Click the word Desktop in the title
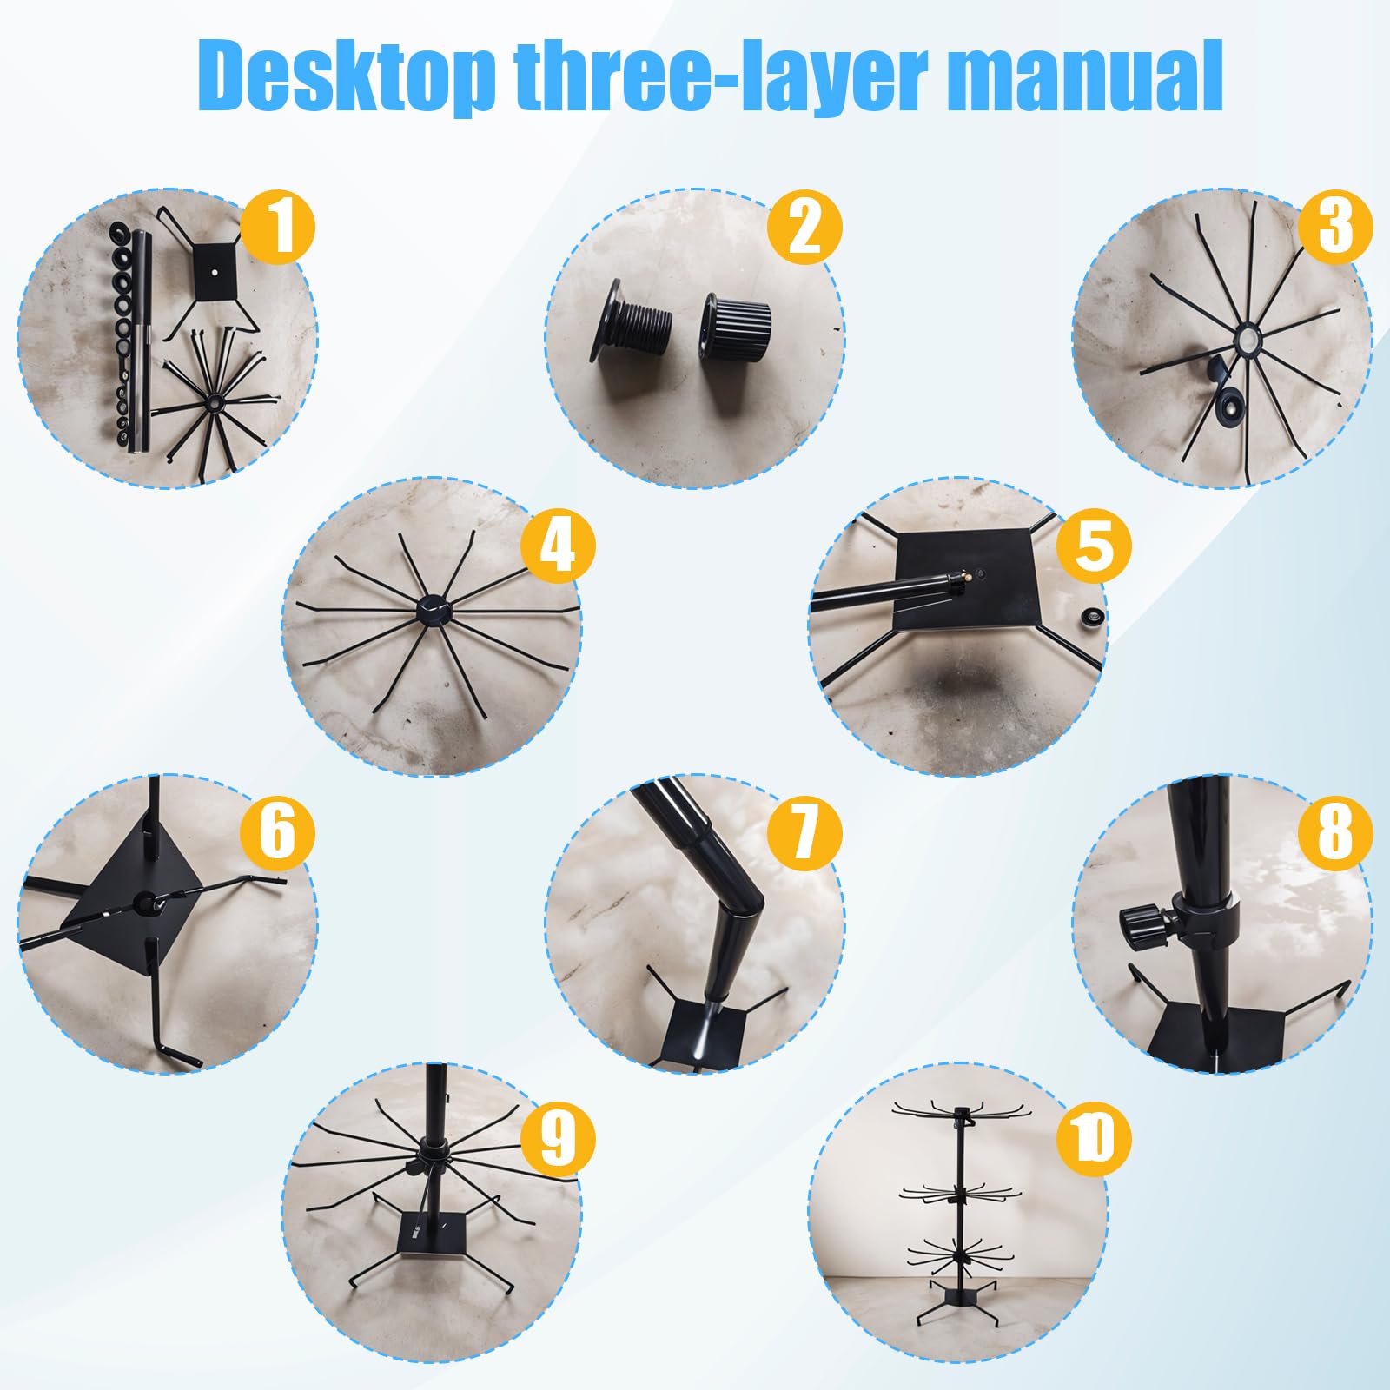click(x=347, y=76)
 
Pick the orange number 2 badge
click(x=805, y=227)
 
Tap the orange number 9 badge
click(x=558, y=1138)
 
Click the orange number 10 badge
click(x=1094, y=1138)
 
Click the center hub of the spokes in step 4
click(x=433, y=610)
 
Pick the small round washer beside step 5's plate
click(x=1089, y=619)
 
